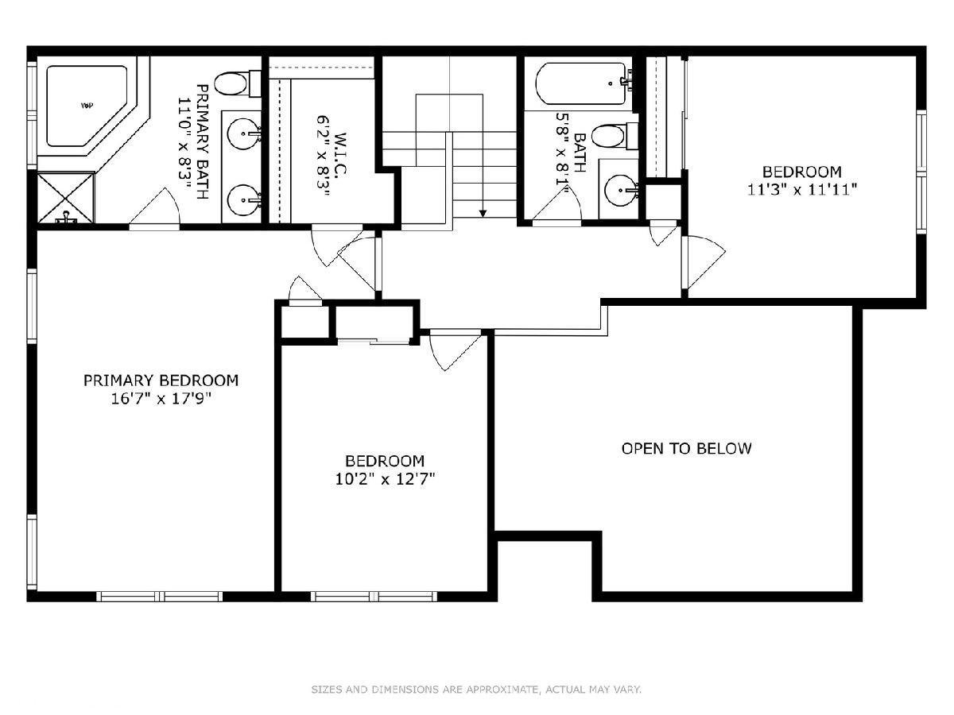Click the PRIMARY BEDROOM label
(x=161, y=381)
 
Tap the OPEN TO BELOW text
(x=686, y=448)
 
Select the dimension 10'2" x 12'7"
(x=385, y=479)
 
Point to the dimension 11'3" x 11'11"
(x=802, y=190)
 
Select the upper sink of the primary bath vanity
(x=244, y=133)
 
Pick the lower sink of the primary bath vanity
(x=244, y=200)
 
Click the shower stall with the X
(x=66, y=198)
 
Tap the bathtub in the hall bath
(x=583, y=83)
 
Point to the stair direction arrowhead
(x=483, y=213)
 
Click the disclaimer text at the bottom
(x=476, y=689)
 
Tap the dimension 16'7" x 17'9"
(x=161, y=399)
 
